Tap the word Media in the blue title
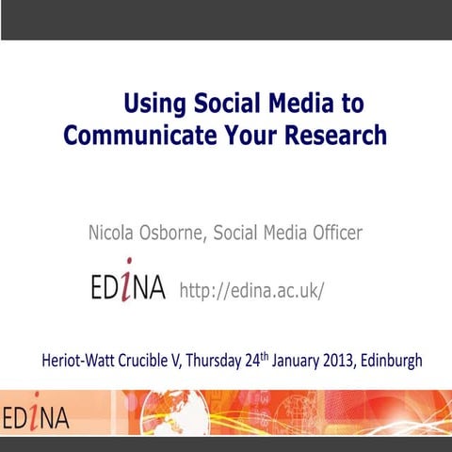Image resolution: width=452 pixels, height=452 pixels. point(296,102)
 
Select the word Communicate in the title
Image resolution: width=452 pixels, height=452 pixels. point(137,135)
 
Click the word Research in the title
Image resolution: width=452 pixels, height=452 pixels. point(331,135)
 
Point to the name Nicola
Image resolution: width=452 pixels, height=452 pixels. point(116,232)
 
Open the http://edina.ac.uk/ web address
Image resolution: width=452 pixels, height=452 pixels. point(251,289)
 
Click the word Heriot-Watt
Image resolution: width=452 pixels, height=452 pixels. point(84,360)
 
